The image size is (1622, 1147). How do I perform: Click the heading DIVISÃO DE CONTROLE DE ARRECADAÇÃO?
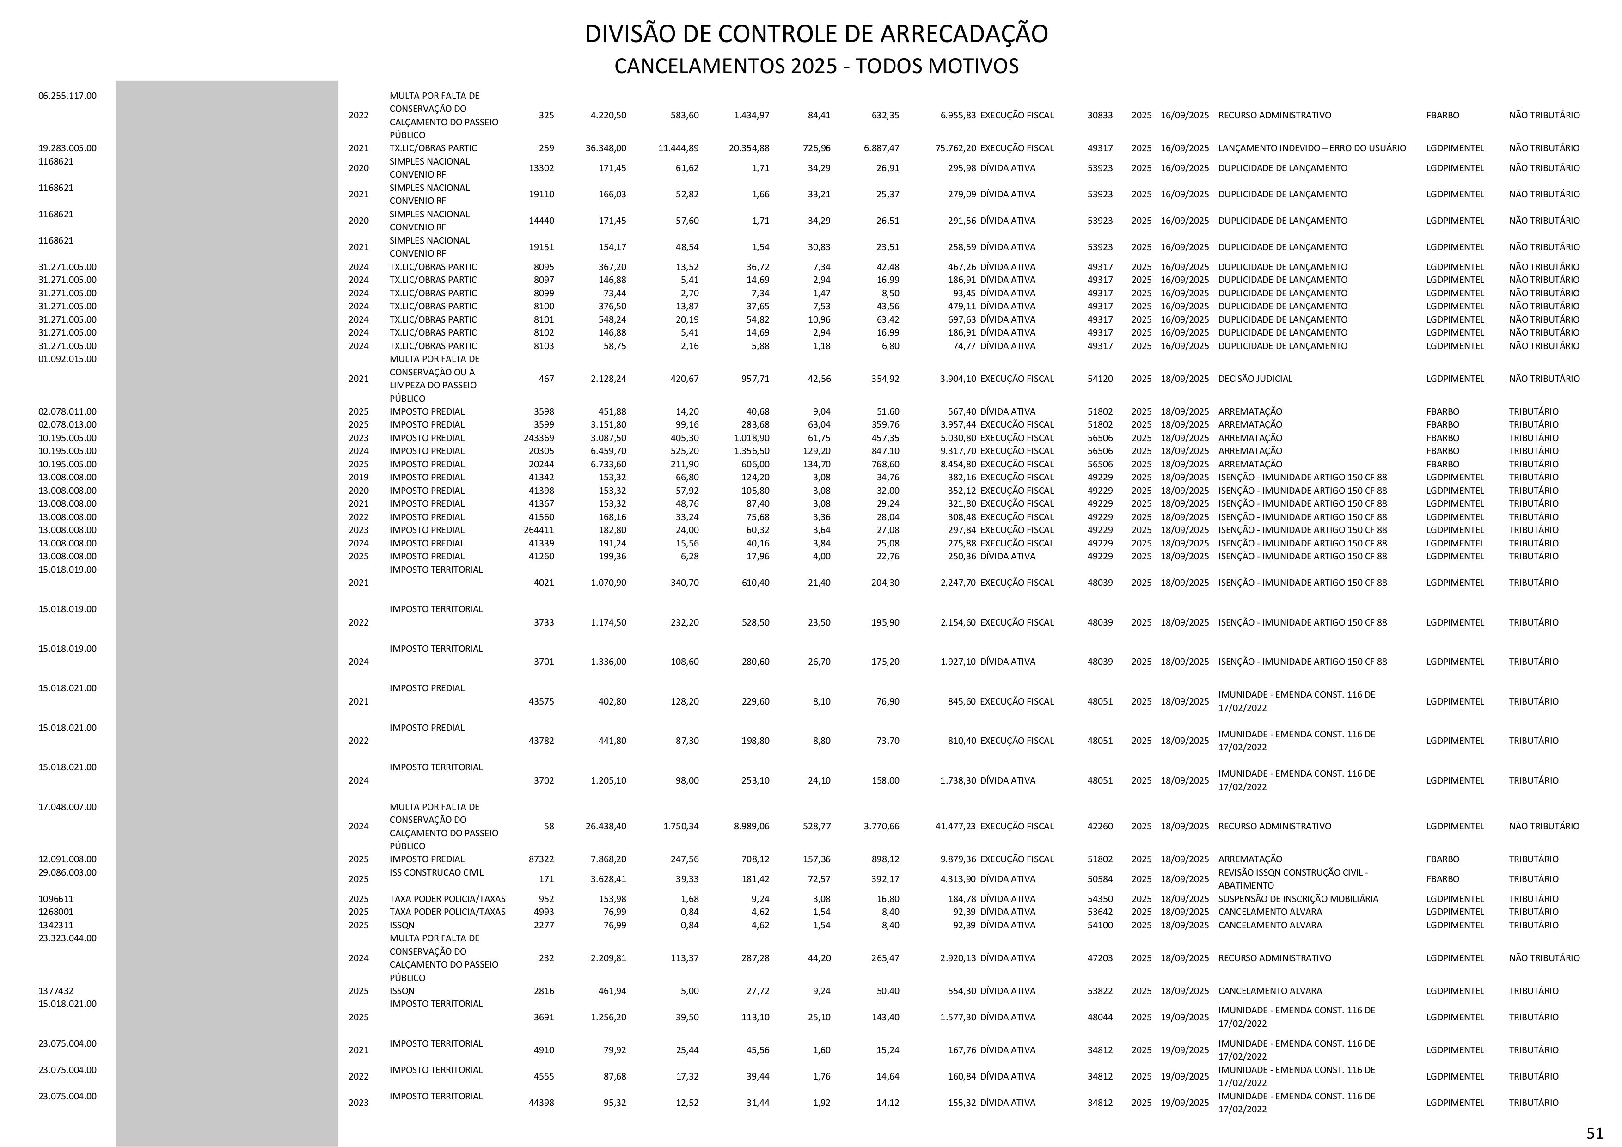[816, 34]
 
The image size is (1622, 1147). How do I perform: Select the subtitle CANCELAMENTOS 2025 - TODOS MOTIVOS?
[816, 67]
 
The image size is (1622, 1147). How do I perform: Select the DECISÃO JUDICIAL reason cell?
[1255, 379]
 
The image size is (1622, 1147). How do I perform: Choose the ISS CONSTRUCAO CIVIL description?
[436, 872]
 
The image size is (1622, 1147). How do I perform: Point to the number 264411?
[539, 530]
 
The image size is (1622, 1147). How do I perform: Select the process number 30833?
[1100, 115]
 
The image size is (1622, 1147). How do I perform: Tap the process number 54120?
[1100, 379]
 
